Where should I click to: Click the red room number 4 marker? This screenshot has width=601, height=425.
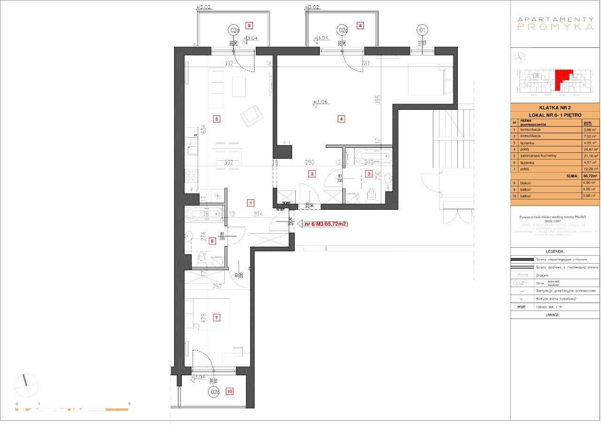click(341, 119)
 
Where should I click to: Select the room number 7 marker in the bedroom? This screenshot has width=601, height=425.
click(216, 318)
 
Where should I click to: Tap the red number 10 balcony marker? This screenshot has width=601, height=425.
click(229, 391)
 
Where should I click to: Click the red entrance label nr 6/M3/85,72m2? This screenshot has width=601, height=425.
click(325, 224)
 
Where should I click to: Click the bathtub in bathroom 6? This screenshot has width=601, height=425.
click(203, 215)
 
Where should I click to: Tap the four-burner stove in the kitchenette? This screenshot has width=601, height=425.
click(191, 176)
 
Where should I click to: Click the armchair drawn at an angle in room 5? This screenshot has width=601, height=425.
click(251, 115)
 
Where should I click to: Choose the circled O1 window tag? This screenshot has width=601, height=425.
click(422, 30)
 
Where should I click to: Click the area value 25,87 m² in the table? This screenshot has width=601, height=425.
click(589, 149)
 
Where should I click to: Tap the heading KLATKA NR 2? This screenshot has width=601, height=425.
click(555, 107)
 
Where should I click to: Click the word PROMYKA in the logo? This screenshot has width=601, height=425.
click(555, 27)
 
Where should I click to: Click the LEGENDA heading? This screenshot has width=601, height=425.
click(555, 251)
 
